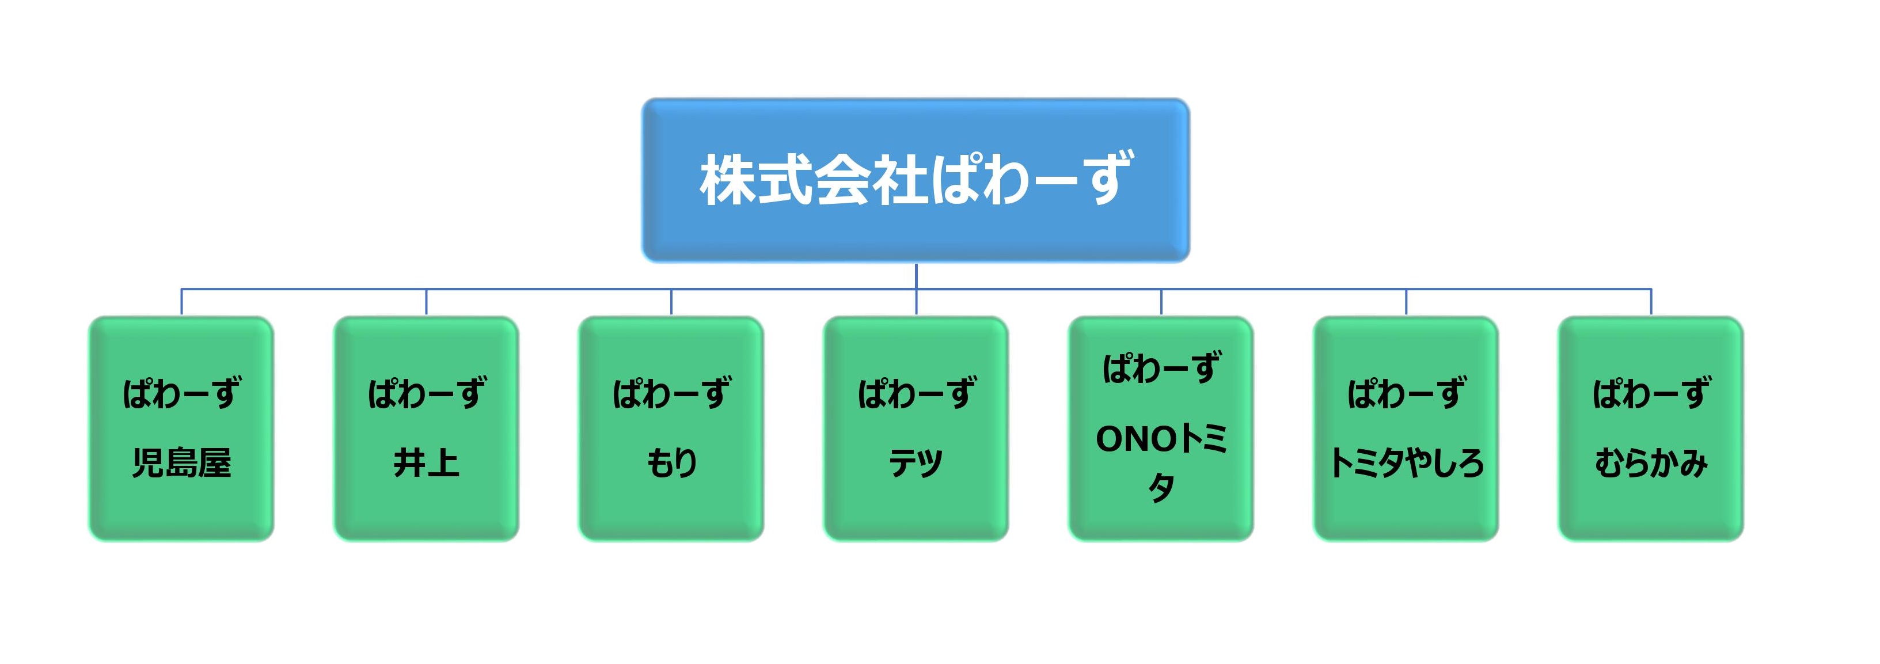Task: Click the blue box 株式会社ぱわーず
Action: click(916, 180)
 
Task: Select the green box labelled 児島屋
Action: click(181, 428)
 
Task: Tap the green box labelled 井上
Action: click(426, 428)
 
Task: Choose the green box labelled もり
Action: click(671, 428)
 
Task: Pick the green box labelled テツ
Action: click(916, 428)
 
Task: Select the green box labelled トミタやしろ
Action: click(1406, 428)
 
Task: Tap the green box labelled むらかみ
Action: click(1651, 428)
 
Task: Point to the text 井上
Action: click(426, 462)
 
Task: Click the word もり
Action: click(671, 462)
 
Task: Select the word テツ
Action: click(916, 462)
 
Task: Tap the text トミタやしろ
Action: click(1406, 462)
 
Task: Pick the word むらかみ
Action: click(1651, 462)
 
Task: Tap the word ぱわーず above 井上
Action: click(426, 393)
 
